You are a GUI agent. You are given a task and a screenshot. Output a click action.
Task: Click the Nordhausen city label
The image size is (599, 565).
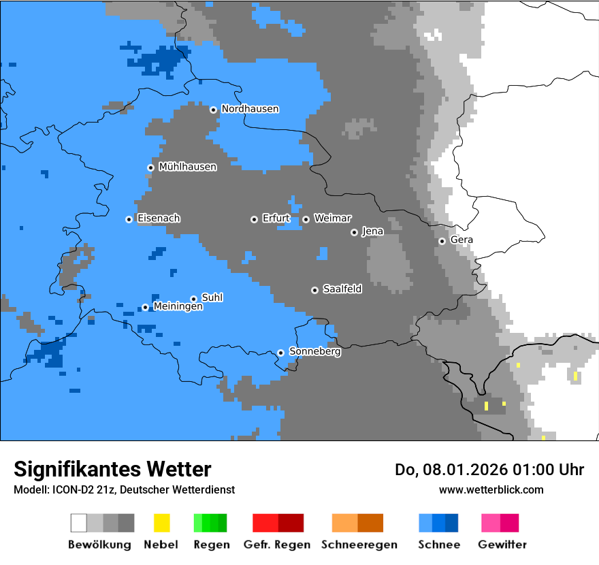250,109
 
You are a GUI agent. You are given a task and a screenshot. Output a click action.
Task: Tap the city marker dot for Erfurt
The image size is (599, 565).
254,219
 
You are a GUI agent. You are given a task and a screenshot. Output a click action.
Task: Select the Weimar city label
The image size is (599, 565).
332,219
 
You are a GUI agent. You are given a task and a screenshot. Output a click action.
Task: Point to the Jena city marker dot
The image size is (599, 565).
354,232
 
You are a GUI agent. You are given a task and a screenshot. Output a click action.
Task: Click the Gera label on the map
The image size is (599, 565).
462,240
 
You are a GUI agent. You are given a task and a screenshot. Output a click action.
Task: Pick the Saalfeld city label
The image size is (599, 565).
342,289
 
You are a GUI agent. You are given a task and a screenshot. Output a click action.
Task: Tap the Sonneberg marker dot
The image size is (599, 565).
280,353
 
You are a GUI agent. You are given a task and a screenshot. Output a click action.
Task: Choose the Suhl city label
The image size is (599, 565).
212,298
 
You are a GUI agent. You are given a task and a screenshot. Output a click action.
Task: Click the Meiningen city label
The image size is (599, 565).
178,307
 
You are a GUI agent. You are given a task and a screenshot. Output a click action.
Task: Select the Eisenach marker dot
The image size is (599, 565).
129,219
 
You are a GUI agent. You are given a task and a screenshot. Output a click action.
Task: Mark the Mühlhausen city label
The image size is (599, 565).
187,167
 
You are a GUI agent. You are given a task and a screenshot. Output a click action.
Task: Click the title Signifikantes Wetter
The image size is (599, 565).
112,469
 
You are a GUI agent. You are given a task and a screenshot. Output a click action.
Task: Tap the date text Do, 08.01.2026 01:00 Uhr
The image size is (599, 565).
489,470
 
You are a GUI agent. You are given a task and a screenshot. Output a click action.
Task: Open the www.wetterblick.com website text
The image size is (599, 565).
491,489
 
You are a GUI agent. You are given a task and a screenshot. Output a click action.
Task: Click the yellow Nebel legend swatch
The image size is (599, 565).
161,523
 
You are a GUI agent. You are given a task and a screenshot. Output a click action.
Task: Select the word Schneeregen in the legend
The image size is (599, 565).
359,545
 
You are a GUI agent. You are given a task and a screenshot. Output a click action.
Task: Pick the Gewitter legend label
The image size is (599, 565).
502,545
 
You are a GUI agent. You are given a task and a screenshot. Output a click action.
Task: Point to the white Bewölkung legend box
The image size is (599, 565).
79,523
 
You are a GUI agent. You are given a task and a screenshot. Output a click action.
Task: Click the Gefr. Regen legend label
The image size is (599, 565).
276,545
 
